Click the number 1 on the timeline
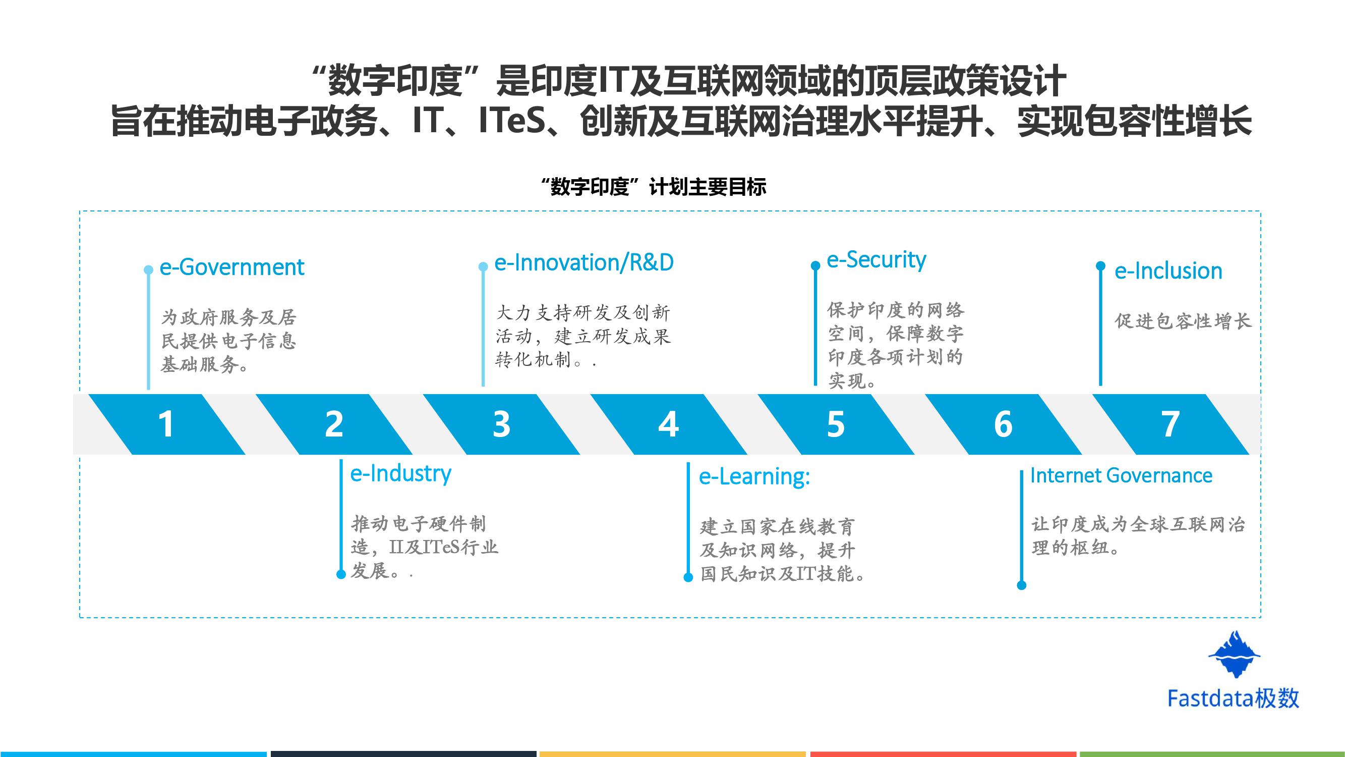pyautogui.click(x=166, y=424)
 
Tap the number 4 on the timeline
pyautogui.click(x=668, y=424)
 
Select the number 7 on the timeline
pyautogui.click(x=1171, y=424)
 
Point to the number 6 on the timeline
pyautogui.click(x=1003, y=424)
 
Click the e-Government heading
pyautogui.click(x=231, y=267)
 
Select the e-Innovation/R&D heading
pyautogui.click(x=583, y=262)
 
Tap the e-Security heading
pyautogui.click(x=876, y=259)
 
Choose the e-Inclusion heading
pyautogui.click(x=1168, y=271)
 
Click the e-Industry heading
pyautogui.click(x=400, y=473)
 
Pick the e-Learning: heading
pyautogui.click(x=754, y=476)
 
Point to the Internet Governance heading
pyautogui.click(x=1121, y=475)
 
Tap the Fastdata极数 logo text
pyautogui.click(x=1233, y=698)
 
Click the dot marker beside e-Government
pyautogui.click(x=148, y=270)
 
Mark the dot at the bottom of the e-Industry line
pyautogui.click(x=341, y=575)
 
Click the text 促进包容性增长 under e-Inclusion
pyautogui.click(x=1183, y=321)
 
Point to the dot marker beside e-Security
pyautogui.click(x=815, y=266)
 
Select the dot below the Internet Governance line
pyautogui.click(x=1022, y=585)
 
